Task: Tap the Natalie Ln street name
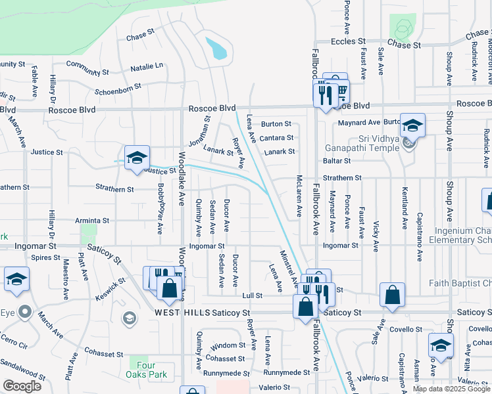pos(147,66)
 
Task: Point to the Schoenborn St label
pos(118,87)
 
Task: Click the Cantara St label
pos(276,137)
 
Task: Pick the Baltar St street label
pos(335,161)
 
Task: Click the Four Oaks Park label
pos(147,369)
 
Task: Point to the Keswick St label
pos(109,288)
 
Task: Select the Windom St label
pos(228,345)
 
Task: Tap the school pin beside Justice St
pos(137,158)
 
